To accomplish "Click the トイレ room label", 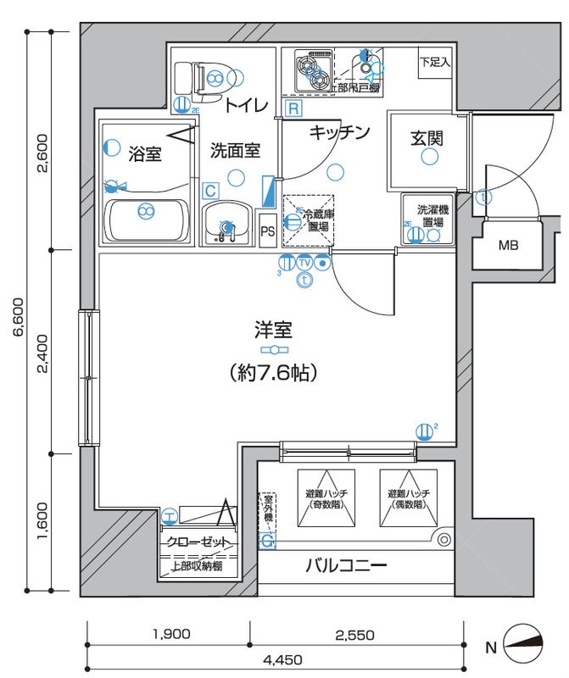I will click(246, 106).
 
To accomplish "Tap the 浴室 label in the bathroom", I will click(145, 154).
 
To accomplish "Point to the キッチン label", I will click(339, 132).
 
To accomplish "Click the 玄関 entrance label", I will click(427, 137).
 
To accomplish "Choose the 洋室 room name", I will click(272, 328).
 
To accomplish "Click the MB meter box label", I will click(507, 247).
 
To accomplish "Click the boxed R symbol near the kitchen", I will click(293, 108).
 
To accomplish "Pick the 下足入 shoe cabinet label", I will click(435, 63).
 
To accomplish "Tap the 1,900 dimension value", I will click(170, 634).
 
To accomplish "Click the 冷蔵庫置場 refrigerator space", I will click(309, 221).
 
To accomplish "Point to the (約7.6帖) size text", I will click(272, 371).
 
